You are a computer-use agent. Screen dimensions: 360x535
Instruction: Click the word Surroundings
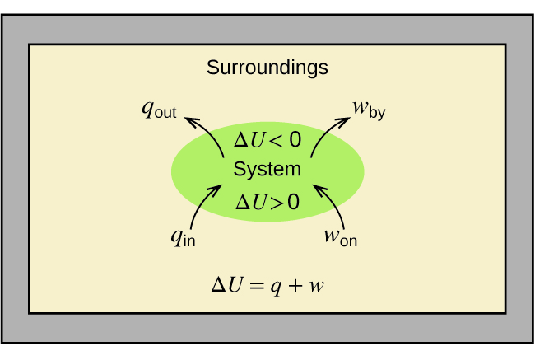coord(267,68)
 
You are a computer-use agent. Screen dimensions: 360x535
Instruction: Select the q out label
coord(160,110)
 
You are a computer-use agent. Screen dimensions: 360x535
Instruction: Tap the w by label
coord(369,110)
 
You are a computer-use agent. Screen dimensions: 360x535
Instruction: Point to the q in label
coord(183,238)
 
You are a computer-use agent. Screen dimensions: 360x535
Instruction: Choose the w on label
coord(340,238)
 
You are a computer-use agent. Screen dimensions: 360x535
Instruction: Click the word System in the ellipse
coord(267,170)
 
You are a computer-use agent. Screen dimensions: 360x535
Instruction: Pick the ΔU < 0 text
coord(267,140)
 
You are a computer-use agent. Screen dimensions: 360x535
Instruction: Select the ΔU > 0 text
coord(267,201)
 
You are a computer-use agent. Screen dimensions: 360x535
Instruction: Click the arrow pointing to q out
coord(209,132)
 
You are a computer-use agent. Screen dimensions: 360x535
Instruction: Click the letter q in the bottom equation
coord(277,288)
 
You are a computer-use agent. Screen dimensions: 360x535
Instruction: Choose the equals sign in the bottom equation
coord(256,287)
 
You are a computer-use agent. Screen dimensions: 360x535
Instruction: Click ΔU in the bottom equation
coord(229,286)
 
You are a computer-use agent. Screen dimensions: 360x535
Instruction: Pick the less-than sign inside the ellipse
coord(275,141)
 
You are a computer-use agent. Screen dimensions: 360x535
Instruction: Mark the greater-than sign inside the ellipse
coord(274,202)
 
